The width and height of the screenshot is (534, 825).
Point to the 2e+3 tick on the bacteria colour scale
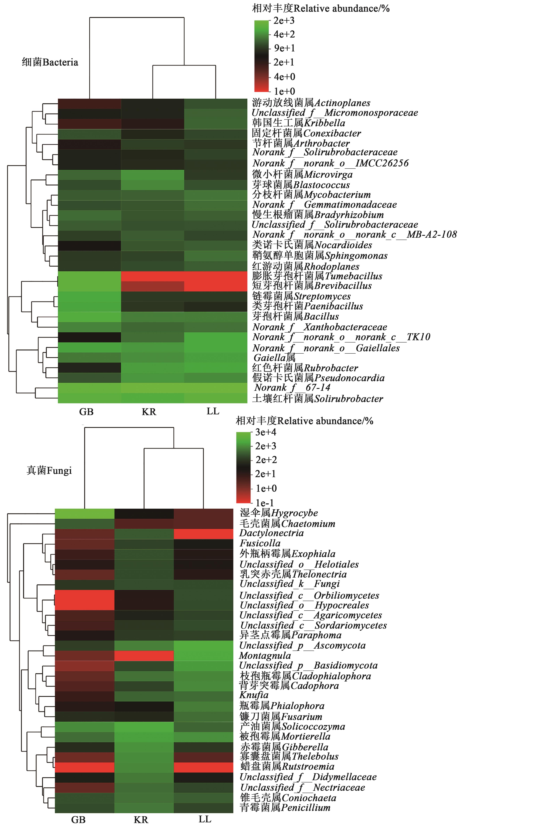284,21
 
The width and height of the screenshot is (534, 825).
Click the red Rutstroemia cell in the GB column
85,767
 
